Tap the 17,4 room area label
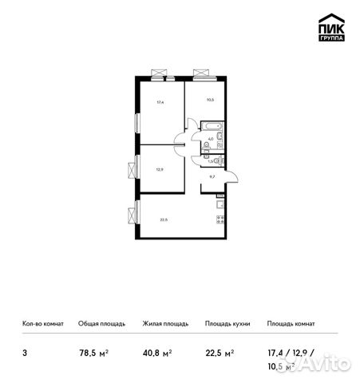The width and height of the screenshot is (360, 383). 160,101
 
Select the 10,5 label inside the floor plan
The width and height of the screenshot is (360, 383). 211,100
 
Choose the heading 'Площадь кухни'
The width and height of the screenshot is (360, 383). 227,324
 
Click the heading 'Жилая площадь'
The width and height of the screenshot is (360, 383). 165,324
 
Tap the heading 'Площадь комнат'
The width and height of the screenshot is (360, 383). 291,324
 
